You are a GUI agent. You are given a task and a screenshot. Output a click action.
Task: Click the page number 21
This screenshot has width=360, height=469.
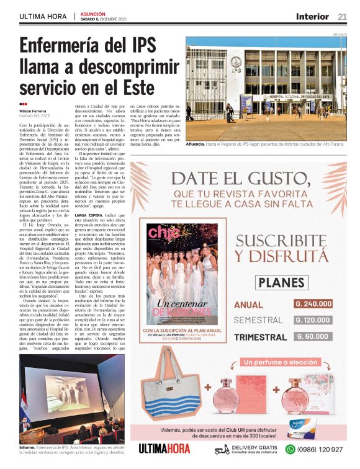pyautogui.click(x=343, y=16)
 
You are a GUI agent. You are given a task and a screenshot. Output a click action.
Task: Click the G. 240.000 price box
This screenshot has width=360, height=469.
pyautogui.click(x=313, y=304)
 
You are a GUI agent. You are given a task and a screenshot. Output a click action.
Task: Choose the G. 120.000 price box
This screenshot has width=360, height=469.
pyautogui.click(x=313, y=320)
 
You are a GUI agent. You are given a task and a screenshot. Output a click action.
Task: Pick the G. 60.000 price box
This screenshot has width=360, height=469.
pyautogui.click(x=313, y=336)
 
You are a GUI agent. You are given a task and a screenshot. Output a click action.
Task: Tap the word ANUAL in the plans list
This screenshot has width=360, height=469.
pyautogui.click(x=249, y=305)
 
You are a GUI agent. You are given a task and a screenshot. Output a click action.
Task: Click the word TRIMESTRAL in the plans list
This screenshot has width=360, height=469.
pyautogui.click(x=261, y=337)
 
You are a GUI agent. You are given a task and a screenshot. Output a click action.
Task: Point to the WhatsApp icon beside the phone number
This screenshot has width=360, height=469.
pyautogui.click(x=290, y=449)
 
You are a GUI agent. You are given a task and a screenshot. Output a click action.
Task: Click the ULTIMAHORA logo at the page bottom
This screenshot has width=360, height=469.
pyautogui.click(x=164, y=449)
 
